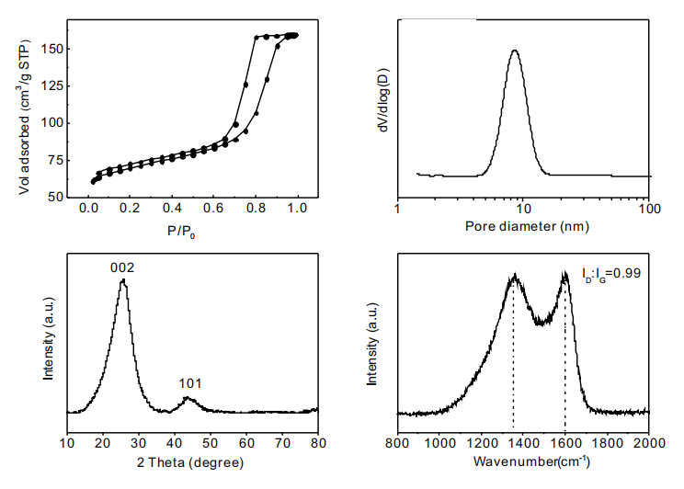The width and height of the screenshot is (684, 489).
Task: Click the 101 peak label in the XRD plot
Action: pyautogui.click(x=190, y=383)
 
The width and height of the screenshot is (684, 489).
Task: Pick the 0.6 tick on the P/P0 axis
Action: pyautogui.click(x=212, y=211)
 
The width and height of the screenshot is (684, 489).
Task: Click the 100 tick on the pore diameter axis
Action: pyautogui.click(x=649, y=210)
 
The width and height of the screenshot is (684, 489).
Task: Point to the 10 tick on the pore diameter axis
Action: pyautogui.click(x=523, y=210)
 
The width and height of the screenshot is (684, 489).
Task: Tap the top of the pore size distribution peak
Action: pyautogui.click(x=515, y=51)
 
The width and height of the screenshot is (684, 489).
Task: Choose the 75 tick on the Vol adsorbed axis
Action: pyautogui.click(x=54, y=160)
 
